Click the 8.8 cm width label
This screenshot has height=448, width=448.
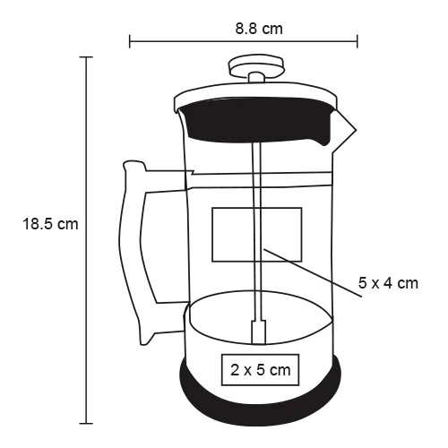click(x=259, y=29)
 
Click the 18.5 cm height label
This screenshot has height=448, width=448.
click(x=50, y=224)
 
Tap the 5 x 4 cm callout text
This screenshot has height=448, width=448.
click(x=388, y=283)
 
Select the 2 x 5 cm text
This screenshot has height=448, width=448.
click(x=260, y=370)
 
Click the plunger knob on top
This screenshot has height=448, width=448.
click(x=256, y=65)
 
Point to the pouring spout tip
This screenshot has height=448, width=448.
click(x=356, y=130)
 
